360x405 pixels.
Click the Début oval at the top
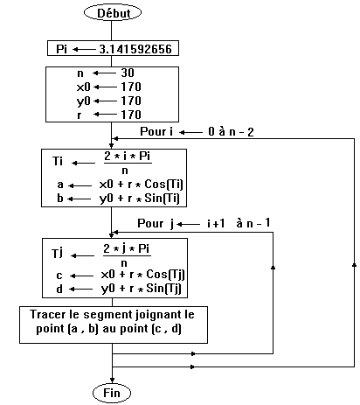click(113, 13)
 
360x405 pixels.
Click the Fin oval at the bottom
click(112, 393)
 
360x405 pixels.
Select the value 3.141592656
click(135, 49)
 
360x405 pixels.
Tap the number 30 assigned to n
click(128, 73)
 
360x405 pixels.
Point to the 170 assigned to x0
click(131, 87)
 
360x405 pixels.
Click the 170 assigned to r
click(131, 115)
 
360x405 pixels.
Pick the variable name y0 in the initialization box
click(84, 101)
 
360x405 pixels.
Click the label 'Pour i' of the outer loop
click(156, 132)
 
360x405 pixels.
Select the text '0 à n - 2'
click(231, 132)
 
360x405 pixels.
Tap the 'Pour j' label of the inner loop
click(156, 224)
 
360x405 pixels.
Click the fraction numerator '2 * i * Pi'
click(128, 157)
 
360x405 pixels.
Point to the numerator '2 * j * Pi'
click(127, 249)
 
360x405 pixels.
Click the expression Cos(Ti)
click(164, 185)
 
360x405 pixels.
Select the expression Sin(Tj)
click(163, 289)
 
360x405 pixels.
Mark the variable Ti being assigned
click(58, 161)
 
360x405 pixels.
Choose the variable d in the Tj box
click(59, 289)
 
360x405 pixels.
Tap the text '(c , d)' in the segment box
click(167, 329)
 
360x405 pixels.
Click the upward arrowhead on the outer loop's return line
click(354, 264)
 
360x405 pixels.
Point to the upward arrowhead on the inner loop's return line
click(273, 267)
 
